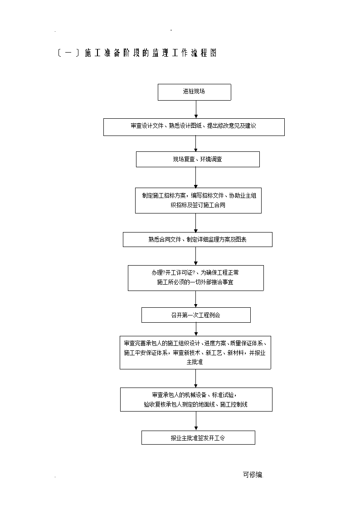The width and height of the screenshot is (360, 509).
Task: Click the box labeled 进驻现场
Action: (x=195, y=92)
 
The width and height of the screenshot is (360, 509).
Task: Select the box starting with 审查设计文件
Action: (x=194, y=127)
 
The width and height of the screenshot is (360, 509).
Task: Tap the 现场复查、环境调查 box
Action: (x=198, y=160)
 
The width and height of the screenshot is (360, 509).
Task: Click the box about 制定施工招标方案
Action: (x=198, y=200)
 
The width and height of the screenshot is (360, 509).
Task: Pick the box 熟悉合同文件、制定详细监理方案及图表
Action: (x=197, y=240)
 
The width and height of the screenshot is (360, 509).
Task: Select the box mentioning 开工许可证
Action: (x=196, y=278)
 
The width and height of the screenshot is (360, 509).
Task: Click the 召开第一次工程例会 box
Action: (x=196, y=315)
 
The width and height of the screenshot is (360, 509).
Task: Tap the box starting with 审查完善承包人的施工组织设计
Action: (x=195, y=353)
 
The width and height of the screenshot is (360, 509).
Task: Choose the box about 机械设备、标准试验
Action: (x=196, y=400)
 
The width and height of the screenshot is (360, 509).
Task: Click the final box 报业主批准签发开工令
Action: (x=198, y=437)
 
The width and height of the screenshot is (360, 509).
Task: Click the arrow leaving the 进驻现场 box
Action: (x=196, y=109)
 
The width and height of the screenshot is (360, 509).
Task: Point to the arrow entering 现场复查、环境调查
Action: (x=196, y=144)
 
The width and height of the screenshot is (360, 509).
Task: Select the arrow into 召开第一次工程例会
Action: (x=196, y=299)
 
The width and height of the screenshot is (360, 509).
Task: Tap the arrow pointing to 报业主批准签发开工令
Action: (x=196, y=422)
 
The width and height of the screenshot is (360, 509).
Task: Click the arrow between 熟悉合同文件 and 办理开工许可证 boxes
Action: (x=196, y=256)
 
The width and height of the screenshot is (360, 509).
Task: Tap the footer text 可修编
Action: (x=253, y=475)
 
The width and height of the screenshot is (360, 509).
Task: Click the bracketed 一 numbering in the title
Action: (x=68, y=53)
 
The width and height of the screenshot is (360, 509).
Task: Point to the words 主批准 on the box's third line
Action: (x=195, y=362)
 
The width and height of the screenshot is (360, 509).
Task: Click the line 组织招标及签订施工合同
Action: (x=198, y=205)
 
